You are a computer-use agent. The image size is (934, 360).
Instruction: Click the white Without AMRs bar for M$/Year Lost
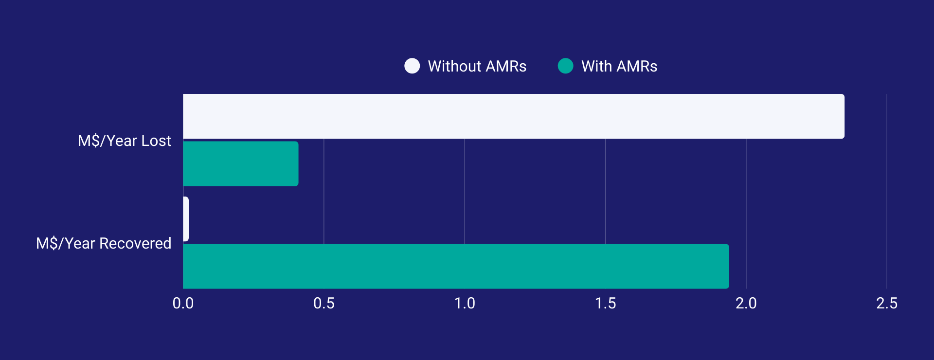coord(513,116)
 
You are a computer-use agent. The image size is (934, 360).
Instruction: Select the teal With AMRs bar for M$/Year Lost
coord(241,163)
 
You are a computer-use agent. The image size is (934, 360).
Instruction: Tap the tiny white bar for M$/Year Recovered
coord(186,219)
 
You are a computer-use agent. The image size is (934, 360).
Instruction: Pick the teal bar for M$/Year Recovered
coord(456,266)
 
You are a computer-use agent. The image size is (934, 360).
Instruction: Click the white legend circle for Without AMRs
coord(412,66)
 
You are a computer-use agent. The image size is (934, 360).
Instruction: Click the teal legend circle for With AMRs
coord(565,66)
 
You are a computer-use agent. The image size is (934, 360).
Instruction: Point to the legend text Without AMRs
coord(477,66)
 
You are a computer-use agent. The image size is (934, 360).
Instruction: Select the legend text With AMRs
coord(619,66)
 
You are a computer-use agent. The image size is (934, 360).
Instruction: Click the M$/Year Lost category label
coord(124,141)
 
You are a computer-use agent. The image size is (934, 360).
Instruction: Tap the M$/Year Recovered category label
coord(104,243)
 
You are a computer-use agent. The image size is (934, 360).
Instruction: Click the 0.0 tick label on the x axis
coord(183,303)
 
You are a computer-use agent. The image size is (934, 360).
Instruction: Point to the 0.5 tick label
coord(324,303)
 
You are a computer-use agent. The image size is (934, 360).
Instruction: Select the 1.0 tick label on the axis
coord(465,303)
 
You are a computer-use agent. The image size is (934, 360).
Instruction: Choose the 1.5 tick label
coord(605,303)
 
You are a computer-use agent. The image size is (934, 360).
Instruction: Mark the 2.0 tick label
coord(746,303)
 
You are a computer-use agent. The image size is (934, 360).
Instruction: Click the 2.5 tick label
coord(887,303)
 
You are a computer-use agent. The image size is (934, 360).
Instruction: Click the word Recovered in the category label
coord(135,243)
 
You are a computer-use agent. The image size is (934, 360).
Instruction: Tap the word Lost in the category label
coord(156,141)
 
